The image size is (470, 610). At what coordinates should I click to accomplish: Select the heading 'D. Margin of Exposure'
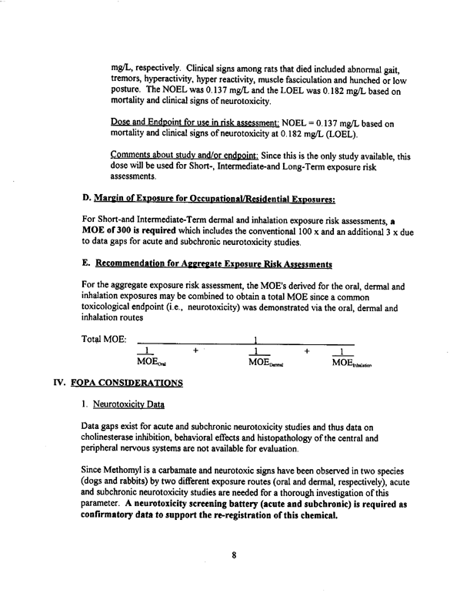pos(208,201)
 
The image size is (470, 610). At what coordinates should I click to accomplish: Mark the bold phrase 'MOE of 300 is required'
pos(130,233)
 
